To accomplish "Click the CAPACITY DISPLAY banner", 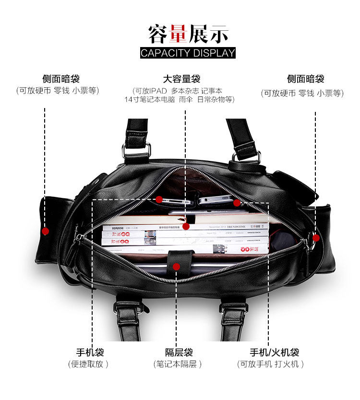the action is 188,52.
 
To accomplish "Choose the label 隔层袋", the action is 179,352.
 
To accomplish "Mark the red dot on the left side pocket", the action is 45,231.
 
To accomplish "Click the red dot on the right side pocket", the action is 316,237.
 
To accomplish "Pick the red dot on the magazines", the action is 186,226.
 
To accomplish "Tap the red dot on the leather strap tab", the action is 176,266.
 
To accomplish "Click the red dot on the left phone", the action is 159,199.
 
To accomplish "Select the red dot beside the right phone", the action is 237,203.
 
